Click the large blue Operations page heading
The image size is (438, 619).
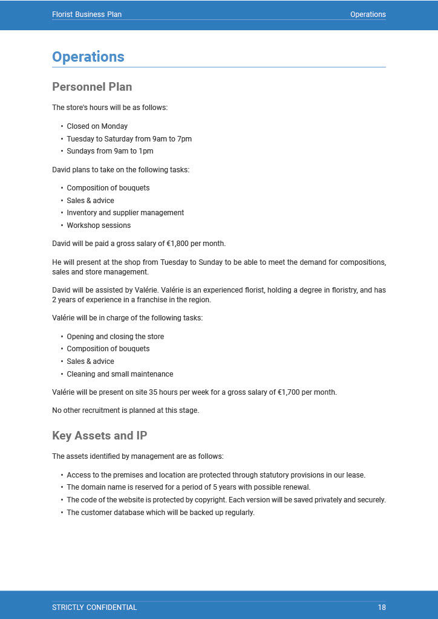88,57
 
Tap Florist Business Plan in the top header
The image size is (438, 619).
87,15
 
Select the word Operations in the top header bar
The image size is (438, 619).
368,15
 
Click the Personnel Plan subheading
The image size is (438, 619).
92,87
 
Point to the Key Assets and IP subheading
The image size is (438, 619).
99,436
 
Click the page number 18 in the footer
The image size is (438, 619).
381,608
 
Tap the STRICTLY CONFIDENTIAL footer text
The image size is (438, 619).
94,608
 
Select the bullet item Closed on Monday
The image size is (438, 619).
97,126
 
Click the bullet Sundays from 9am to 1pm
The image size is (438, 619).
109,151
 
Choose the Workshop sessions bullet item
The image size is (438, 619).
99,225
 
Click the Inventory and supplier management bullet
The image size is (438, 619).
125,213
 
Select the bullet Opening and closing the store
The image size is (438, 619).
115,337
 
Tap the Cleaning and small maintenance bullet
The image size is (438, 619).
120,374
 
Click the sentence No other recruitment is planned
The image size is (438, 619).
125,410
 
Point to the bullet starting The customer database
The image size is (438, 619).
160,513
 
